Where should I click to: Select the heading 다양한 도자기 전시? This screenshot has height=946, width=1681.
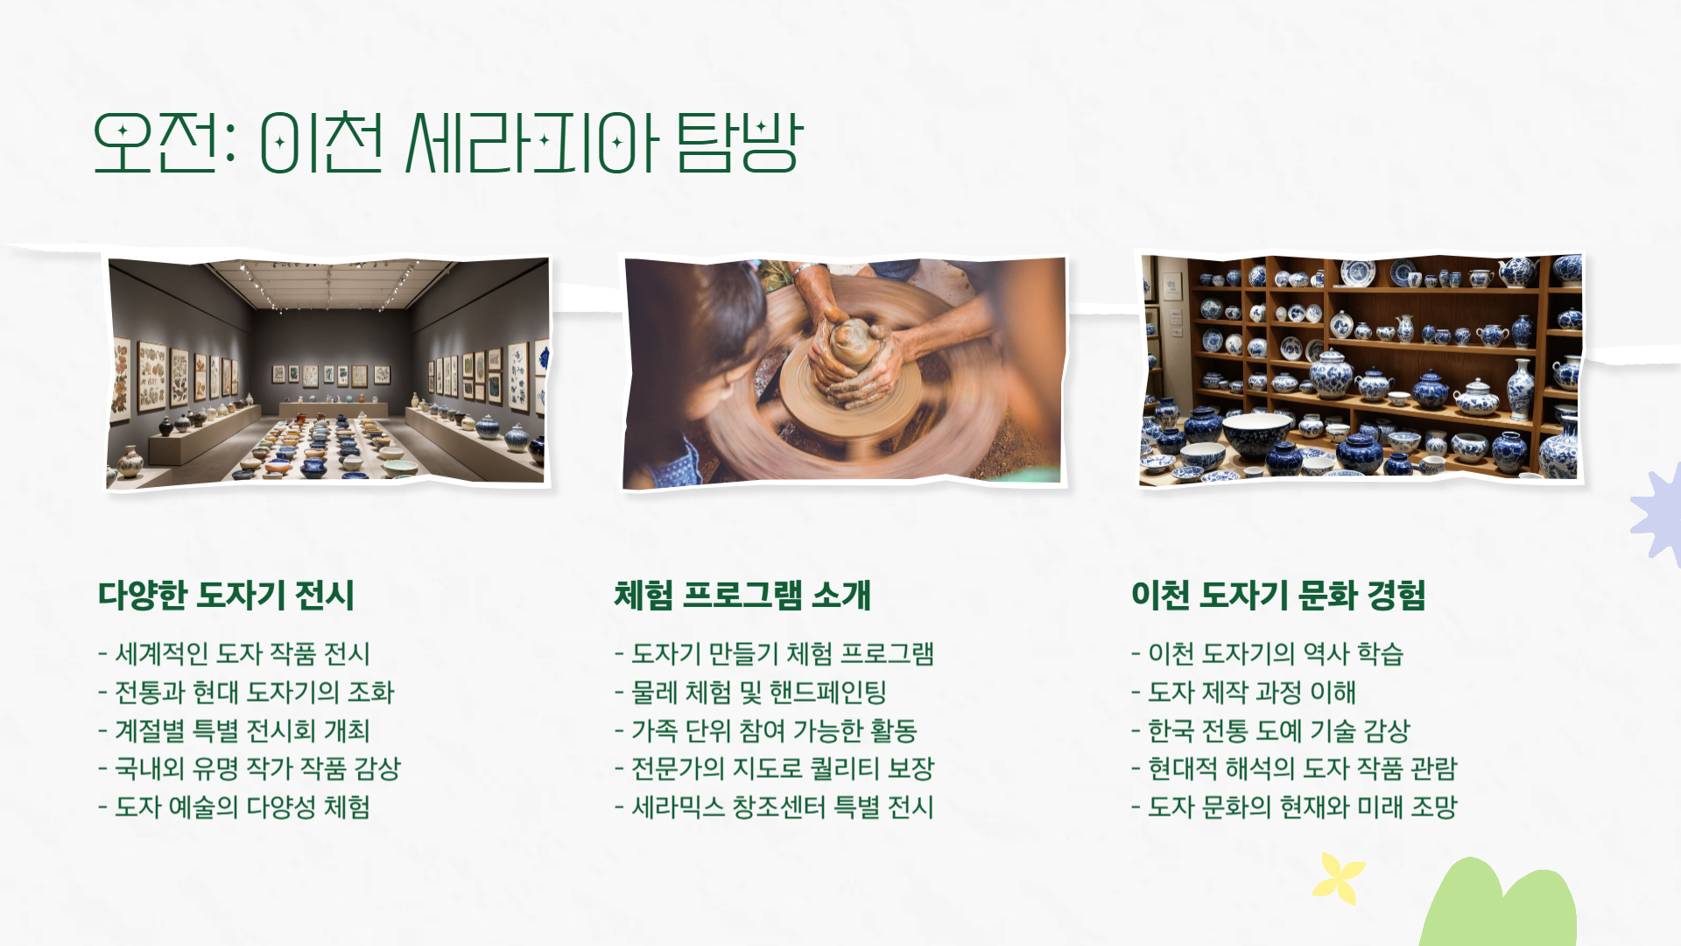(226, 596)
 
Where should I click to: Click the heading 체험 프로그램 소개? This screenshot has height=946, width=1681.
(742, 596)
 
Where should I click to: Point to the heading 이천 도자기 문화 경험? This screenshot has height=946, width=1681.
(1278, 596)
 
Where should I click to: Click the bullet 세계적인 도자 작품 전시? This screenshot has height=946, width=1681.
(243, 653)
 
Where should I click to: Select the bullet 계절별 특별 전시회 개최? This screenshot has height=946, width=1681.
(243, 731)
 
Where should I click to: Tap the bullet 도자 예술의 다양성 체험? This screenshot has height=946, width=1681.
(243, 807)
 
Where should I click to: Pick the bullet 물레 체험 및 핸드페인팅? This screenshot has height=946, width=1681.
(758, 692)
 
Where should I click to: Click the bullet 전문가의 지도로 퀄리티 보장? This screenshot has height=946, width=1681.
(783, 768)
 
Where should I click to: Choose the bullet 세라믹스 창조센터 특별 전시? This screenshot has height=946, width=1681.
(783, 807)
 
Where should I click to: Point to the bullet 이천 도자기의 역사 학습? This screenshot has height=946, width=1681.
(1275, 653)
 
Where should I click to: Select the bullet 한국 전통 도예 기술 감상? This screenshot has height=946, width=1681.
(1278, 731)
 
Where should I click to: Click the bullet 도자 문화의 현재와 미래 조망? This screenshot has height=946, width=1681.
(1302, 807)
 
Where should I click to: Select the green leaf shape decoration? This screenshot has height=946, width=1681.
(1499, 907)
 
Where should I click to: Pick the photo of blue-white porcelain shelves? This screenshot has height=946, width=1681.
(1360, 368)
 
